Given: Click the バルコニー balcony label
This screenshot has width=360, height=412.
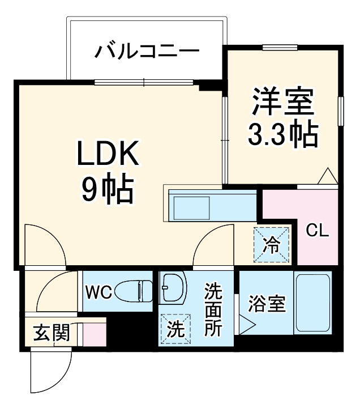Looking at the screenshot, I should point(147,53).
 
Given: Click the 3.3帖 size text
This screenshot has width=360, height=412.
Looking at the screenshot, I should point(282,134).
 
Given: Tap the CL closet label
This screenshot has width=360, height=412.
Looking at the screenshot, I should point(318,231).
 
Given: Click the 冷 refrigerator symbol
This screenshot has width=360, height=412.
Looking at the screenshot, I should point(271,245).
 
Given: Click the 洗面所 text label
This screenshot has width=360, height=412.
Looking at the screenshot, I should point(213,311).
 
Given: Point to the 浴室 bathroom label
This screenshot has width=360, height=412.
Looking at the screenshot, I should point(266,304).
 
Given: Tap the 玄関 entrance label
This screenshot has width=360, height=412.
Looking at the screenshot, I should point(50,333).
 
